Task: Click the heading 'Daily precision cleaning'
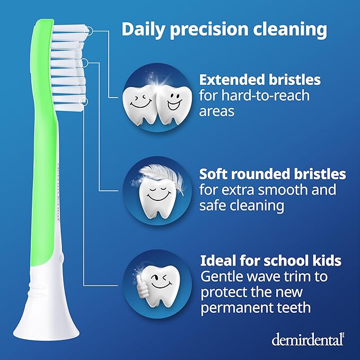tap(224, 29)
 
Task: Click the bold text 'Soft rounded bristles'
tap(273, 174)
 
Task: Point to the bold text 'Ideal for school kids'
tap(270, 261)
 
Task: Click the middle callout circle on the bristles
tap(83, 63)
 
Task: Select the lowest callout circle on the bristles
tap(83, 100)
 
